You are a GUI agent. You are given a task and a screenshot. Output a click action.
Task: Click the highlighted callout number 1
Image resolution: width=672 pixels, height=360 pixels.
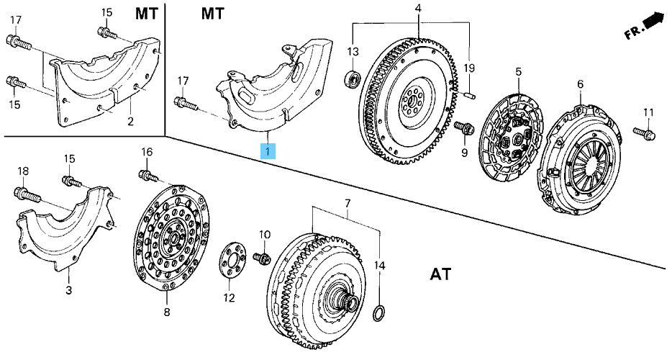pyautogui.click(x=268, y=151)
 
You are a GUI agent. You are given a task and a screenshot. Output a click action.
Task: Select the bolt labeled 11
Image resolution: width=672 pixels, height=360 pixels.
pyautogui.click(x=643, y=133)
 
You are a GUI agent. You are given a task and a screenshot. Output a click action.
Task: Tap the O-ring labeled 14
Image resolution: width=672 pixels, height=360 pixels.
pyautogui.click(x=380, y=312)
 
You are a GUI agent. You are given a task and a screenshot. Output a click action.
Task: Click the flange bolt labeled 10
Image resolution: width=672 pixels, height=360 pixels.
pyautogui.click(x=262, y=257)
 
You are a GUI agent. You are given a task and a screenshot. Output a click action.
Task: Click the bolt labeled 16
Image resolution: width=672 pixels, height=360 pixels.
pyautogui.click(x=149, y=176)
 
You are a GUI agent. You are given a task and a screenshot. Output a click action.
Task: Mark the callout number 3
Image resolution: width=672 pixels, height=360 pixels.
pyautogui.click(x=68, y=291)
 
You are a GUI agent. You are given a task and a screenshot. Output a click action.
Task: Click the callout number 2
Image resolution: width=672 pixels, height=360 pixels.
pyautogui.click(x=130, y=122)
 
